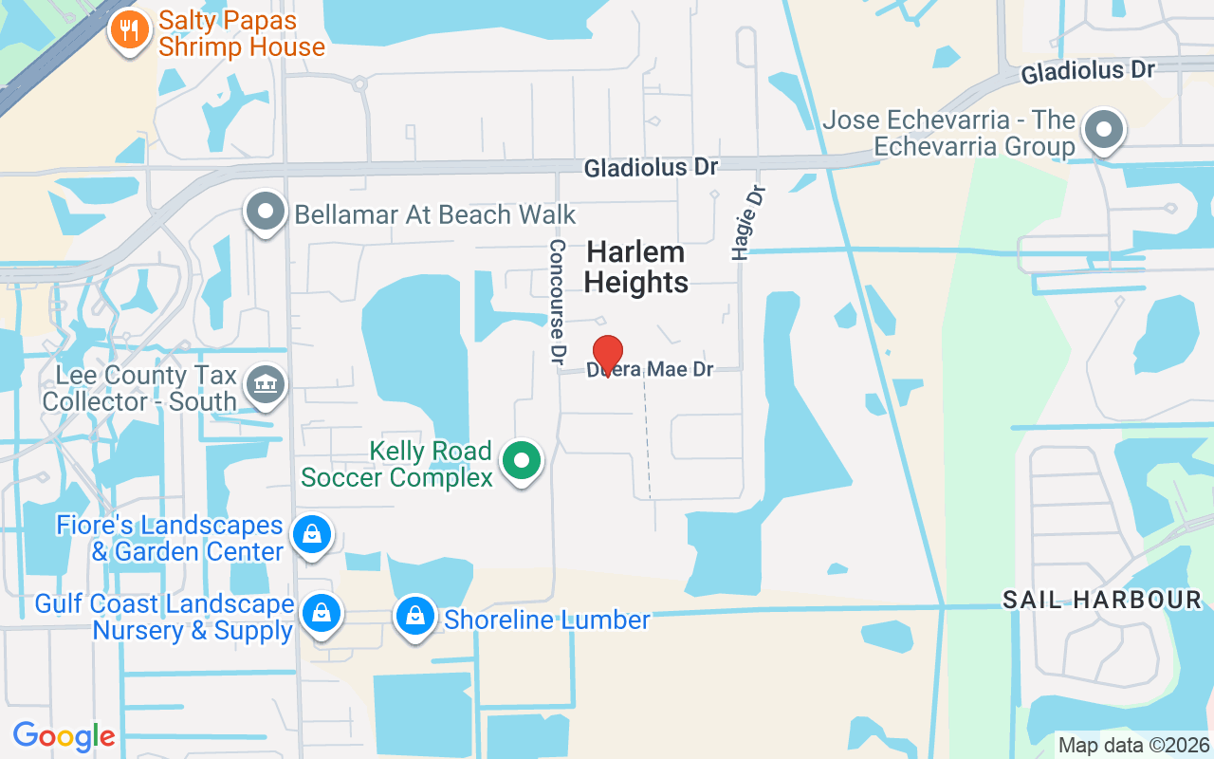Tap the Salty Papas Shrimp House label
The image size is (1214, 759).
coord(241,33)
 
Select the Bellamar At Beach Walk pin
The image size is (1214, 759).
coord(266,213)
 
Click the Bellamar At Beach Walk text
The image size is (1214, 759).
coord(435,214)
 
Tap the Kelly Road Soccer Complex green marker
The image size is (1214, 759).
coord(520,462)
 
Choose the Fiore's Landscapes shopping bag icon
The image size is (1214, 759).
coord(311,535)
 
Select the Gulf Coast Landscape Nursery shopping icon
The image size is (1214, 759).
coord(322,613)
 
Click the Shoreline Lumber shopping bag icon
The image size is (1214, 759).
coord(414,617)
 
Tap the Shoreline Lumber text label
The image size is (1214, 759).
coord(547,620)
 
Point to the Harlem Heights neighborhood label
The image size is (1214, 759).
coord(636,267)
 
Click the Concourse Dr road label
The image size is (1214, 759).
coord(558,302)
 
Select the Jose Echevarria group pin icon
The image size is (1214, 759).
coord(1104,130)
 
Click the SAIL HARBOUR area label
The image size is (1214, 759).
coord(1102,600)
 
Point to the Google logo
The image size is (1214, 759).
coord(64,736)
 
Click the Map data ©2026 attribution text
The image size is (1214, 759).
coord(1133,745)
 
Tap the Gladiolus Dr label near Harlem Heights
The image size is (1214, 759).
coord(651,168)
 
